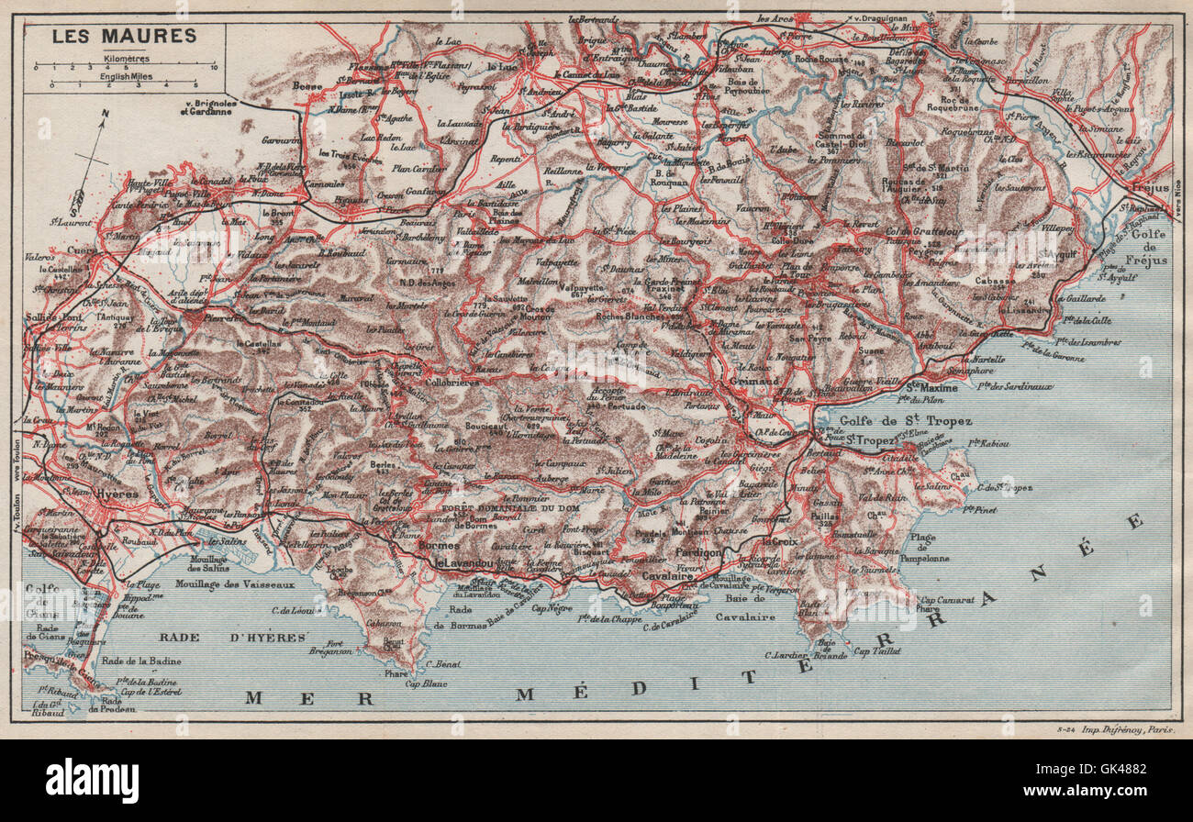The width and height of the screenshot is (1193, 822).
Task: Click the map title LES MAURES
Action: pos(123,36)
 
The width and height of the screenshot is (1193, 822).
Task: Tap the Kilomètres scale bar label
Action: pos(123,56)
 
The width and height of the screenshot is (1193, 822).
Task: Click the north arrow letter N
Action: pos(106,116)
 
